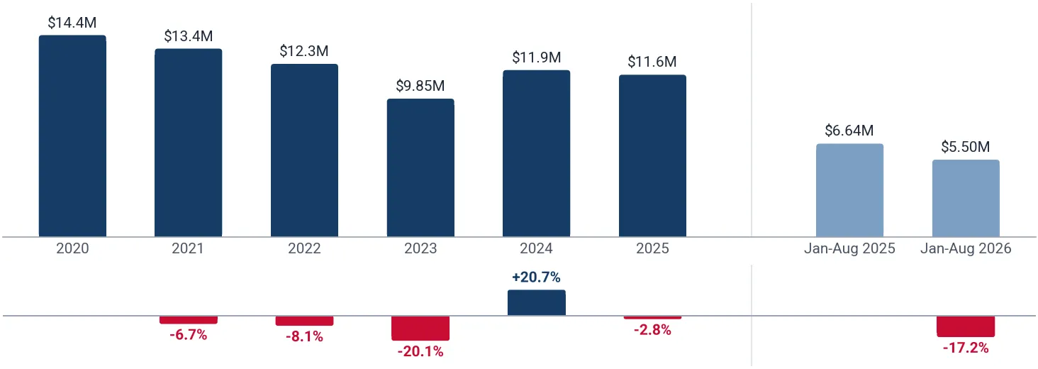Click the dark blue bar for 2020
pos(72,136)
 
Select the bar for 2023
pos(420,167)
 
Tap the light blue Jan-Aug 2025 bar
pos(849,190)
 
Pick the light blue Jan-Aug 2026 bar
pos(966,199)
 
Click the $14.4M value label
pos(72,22)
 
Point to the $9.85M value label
pos(420,86)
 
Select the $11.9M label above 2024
pos(537,57)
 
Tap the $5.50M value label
pos(966,147)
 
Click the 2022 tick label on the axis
pos(304,248)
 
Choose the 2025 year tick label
pos(652,248)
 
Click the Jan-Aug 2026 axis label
pos(966,248)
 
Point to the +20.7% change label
pos(536,277)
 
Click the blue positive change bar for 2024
pos(537,303)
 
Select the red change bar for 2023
pos(420,329)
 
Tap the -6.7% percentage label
pos(188,335)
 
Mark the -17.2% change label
pos(966,348)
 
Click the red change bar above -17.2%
pos(966,326)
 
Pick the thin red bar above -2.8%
pos(652,317)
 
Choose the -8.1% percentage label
pos(304,336)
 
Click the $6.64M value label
pos(849,131)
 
